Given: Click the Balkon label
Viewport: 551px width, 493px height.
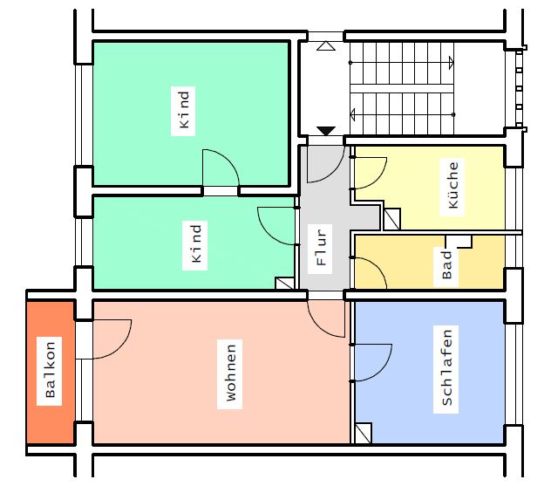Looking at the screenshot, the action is coord(50,370).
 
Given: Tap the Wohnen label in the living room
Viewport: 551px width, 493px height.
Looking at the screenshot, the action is coord(230,373).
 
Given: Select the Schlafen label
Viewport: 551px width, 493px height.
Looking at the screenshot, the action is coord(446,368).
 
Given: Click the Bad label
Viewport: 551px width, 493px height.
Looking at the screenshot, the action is coord(446,264).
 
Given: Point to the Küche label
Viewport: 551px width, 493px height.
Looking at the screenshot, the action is coord(452,185).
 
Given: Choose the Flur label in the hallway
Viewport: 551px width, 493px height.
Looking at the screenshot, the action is coord(321,247).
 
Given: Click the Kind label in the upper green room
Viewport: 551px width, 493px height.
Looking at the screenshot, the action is coord(184,110).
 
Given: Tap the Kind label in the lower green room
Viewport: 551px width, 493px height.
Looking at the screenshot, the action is coord(196,243).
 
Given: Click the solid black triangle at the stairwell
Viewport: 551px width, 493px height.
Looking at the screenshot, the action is coord(326,131).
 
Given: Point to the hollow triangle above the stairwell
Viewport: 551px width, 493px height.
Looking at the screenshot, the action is coord(326,46).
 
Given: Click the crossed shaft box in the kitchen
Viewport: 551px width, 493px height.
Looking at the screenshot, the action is coord(391,219).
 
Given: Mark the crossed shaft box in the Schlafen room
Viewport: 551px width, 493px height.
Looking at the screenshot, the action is coord(363,433).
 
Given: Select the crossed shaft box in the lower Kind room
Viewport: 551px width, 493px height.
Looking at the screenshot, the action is coord(284,284).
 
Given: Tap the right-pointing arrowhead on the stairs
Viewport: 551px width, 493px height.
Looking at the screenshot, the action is coord(452,63).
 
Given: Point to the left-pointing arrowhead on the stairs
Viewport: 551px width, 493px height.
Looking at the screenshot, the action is coord(352,114).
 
